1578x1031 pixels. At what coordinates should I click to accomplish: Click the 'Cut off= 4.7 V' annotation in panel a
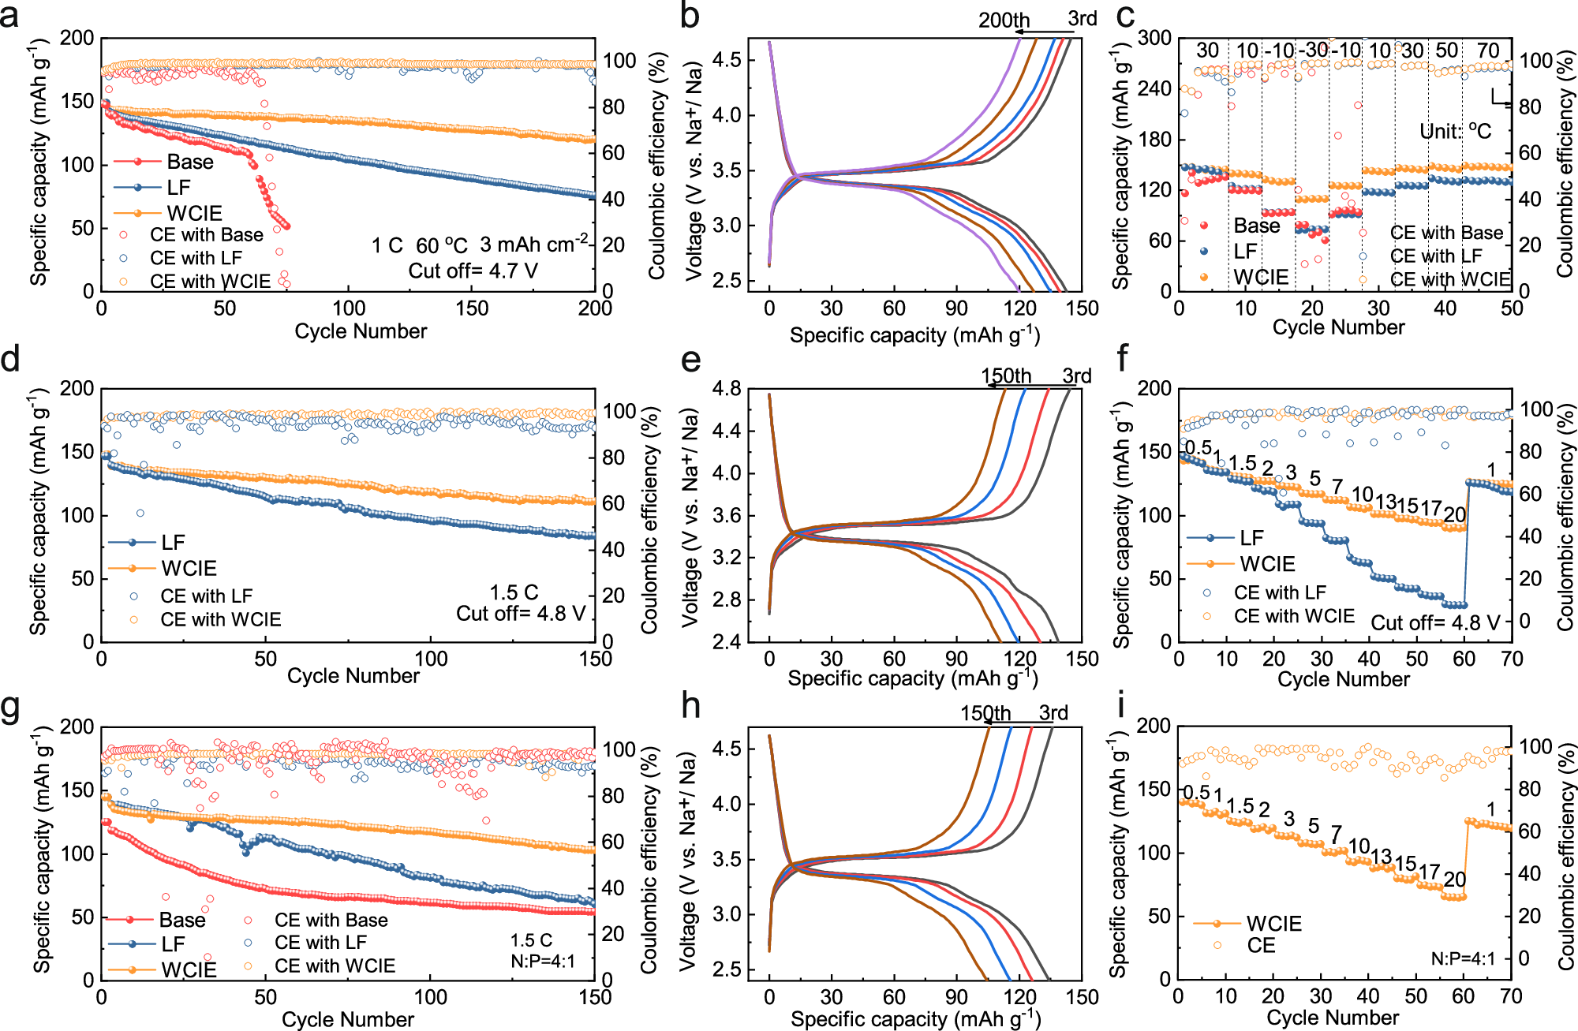tap(473, 271)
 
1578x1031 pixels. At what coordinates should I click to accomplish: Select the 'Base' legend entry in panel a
tap(189, 162)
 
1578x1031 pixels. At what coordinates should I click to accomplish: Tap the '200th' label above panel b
tap(1004, 21)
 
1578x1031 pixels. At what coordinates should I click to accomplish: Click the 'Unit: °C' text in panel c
tap(1455, 131)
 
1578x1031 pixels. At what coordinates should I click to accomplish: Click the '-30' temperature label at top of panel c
tap(1313, 51)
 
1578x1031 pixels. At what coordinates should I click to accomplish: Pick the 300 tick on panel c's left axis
tap(1154, 38)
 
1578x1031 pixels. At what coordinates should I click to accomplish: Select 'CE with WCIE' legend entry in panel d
tap(220, 620)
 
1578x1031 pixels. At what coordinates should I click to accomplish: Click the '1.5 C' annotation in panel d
tap(514, 592)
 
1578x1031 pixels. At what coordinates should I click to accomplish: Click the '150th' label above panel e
tap(1006, 376)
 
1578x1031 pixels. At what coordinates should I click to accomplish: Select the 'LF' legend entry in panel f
tap(1251, 538)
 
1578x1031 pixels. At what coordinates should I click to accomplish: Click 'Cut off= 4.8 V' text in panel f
tap(1435, 623)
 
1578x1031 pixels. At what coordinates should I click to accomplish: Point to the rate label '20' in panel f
tap(1454, 514)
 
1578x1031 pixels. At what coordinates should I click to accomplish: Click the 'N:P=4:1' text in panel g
tap(543, 962)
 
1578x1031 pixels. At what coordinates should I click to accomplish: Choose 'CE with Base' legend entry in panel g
tap(331, 921)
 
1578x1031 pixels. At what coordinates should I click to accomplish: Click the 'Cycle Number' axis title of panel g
tap(347, 1020)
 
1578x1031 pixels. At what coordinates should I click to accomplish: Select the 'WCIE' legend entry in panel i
tap(1273, 924)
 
